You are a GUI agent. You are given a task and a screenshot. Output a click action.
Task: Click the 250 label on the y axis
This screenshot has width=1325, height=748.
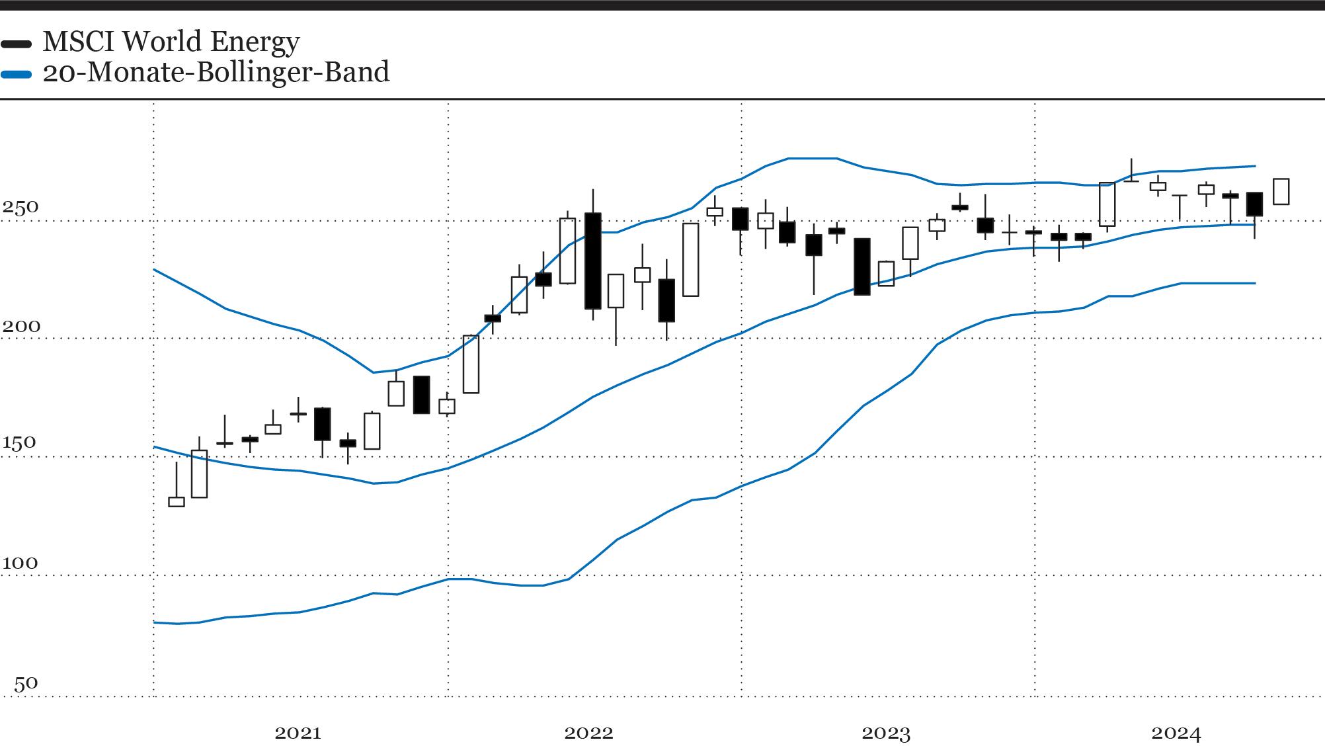pos(20,207)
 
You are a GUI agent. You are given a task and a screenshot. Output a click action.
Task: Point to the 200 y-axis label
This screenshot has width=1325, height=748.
pos(20,326)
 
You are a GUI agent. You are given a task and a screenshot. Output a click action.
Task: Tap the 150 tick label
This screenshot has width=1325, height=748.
pos(19,443)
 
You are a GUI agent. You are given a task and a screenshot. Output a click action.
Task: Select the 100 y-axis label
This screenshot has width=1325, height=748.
pos(20,563)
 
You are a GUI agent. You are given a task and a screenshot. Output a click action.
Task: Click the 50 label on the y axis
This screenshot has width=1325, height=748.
pos(26,683)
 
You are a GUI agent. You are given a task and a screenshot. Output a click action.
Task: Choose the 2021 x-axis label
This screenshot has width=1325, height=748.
pos(298,733)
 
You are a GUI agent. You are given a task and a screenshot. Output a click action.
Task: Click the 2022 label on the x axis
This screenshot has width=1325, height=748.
pos(588,733)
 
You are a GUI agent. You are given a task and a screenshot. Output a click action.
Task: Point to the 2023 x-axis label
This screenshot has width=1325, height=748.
pos(886,733)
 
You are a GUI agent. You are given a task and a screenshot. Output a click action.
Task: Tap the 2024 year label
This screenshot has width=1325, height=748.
pos(1176,733)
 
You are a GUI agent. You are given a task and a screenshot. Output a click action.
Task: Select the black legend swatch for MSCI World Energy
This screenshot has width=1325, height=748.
pos(16,44)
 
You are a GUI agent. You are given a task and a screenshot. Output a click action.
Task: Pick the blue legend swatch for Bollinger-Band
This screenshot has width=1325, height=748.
pos(16,75)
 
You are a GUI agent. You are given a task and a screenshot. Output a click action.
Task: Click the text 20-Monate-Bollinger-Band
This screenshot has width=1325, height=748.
pos(216,72)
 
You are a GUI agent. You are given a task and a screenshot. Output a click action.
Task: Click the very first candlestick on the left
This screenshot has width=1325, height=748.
pos(177,501)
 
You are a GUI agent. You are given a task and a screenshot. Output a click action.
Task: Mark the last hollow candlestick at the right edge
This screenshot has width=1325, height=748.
pos(1281,191)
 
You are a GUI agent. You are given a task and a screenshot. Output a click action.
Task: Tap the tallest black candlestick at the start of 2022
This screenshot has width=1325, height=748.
pos(593,261)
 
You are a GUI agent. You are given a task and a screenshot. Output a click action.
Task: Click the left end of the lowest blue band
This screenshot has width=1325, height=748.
pos(155,622)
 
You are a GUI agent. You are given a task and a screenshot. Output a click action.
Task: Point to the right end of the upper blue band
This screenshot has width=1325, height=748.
pos(1255,166)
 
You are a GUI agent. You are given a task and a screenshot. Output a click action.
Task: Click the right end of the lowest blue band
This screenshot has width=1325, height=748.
pos(1255,283)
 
